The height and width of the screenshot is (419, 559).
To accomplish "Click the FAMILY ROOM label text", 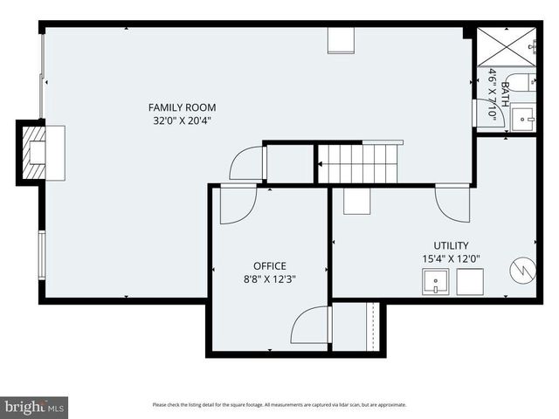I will click(182, 107).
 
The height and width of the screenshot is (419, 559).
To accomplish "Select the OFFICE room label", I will click(269, 265).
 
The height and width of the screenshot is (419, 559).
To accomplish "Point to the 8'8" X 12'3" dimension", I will click(269, 278).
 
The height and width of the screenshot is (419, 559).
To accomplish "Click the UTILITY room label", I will click(451, 245).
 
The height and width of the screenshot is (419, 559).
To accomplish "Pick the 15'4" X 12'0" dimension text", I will click(451, 258).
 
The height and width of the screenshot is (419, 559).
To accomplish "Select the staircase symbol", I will click(357, 163).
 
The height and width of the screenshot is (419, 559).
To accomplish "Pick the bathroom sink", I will click(523, 116).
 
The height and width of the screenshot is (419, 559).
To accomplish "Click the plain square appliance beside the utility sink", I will click(471, 282).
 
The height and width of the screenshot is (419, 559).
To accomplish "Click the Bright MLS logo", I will click(34, 407).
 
